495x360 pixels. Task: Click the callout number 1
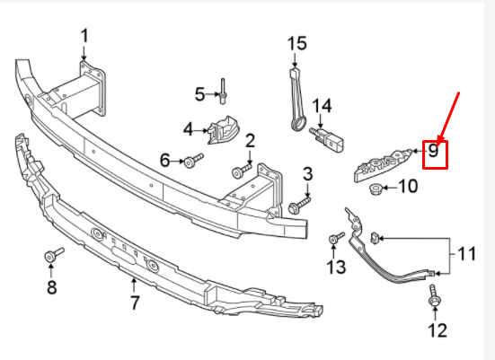click(x=85, y=36)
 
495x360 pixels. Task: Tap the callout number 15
click(x=296, y=42)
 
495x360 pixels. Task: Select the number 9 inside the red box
click(x=433, y=151)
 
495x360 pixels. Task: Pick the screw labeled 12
click(x=434, y=297)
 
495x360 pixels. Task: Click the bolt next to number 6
click(x=195, y=162)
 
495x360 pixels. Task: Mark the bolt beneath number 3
click(x=297, y=206)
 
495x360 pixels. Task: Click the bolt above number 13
click(x=336, y=238)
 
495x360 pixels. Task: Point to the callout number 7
click(x=135, y=303)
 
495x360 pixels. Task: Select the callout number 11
click(x=466, y=255)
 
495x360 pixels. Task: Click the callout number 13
click(x=335, y=267)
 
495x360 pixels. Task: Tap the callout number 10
click(x=408, y=187)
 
